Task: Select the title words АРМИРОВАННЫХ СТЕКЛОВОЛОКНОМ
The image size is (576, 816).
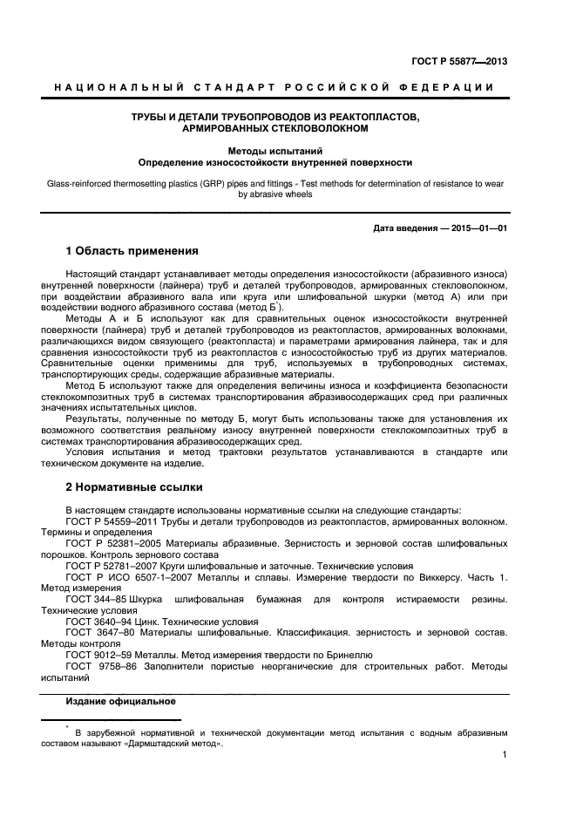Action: (x=274, y=128)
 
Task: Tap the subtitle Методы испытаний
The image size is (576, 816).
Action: (x=275, y=151)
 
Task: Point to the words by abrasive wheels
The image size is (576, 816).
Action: (x=275, y=195)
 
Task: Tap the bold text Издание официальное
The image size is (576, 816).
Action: (x=121, y=701)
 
